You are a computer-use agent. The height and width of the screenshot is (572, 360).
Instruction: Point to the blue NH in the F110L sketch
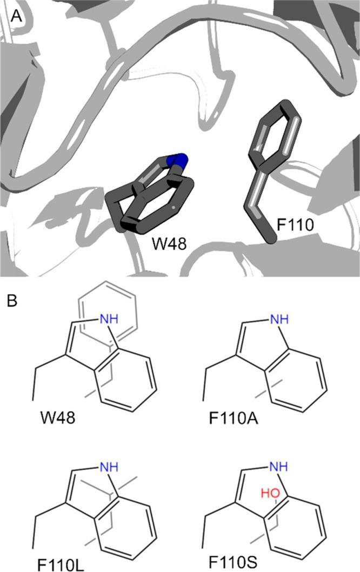[106, 464]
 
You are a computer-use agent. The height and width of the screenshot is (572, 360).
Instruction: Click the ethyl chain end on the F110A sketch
[204, 401]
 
